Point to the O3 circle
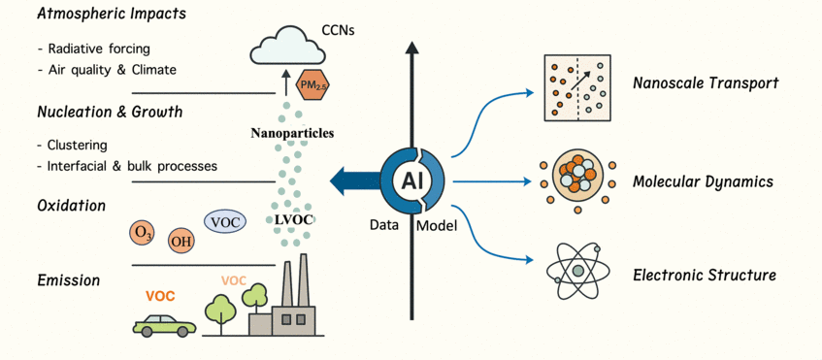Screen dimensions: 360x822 pos(143,233)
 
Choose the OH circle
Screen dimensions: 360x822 pos(181,241)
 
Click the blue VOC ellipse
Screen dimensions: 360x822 pos(224,221)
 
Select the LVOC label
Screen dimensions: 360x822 pos(296,220)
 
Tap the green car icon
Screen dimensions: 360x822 pos(163,323)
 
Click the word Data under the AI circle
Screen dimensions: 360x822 pos(384,225)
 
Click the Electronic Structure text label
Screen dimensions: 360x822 pos(704,276)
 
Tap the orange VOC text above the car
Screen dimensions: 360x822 pos(160,296)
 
